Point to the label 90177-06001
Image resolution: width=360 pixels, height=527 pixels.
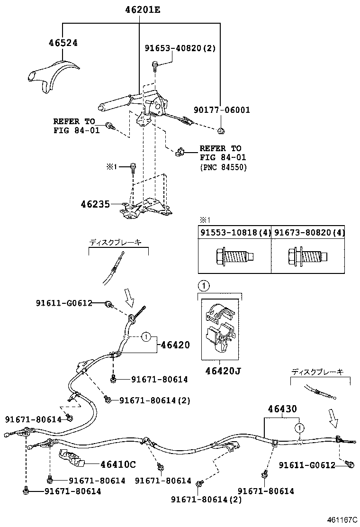pyautogui.click(x=222, y=110)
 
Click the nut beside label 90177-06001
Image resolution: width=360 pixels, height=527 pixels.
pyautogui.click(x=221, y=130)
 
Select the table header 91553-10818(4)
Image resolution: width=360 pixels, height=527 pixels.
pyautogui.click(x=234, y=232)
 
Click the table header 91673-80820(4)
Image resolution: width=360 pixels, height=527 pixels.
pyautogui.click(x=309, y=232)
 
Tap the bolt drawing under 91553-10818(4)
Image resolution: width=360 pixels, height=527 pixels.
pyautogui.click(x=234, y=256)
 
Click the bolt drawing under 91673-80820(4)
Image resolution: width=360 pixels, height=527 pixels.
pyautogui.click(x=307, y=256)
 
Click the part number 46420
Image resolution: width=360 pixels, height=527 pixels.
pyautogui.click(x=175, y=345)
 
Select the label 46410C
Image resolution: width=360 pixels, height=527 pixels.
pyautogui.click(x=118, y=463)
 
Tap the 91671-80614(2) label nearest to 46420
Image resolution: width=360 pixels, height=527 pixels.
pyautogui.click(x=154, y=400)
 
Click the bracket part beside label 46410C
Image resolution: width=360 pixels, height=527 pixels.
pyautogui.click(x=71, y=458)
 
